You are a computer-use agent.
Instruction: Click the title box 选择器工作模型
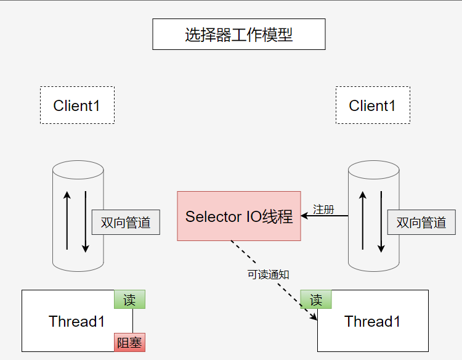238,35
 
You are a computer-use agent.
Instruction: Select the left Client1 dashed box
77,105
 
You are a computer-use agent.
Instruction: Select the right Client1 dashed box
373,105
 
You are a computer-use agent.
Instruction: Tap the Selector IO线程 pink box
239,216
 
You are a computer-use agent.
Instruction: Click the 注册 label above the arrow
323,209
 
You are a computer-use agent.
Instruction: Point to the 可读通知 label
268,275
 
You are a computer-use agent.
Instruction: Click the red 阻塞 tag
129,342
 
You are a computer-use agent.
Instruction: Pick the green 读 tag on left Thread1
129,300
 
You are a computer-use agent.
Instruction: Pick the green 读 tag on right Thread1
316,300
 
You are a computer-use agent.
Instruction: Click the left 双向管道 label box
126,223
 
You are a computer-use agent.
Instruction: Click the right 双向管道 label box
421,223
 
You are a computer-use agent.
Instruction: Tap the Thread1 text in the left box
77,321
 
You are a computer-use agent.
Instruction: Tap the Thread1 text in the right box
373,321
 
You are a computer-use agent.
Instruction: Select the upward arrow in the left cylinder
67,222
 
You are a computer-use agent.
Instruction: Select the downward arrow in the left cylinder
86,222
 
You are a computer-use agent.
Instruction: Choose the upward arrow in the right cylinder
363,222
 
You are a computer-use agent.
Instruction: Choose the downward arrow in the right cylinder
381,222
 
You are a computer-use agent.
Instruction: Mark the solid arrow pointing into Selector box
325,216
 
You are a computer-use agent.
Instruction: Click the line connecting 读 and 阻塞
132,321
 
